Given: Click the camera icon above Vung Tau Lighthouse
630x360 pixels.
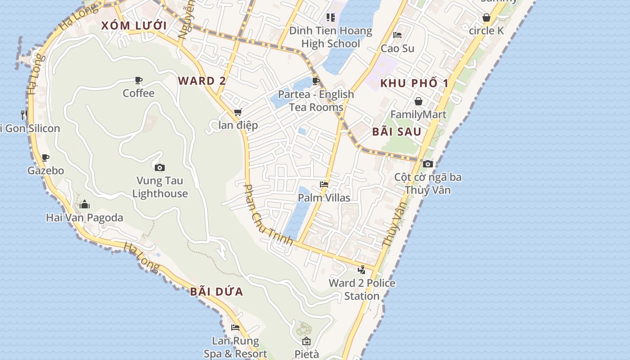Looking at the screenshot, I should click(160, 168).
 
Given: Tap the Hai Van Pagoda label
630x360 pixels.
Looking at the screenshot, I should click(85, 218).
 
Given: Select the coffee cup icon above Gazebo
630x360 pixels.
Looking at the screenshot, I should click(45, 158).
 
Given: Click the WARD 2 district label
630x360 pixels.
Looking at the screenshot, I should click(202, 81).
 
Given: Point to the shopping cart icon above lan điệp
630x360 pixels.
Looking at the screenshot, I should click(238, 112).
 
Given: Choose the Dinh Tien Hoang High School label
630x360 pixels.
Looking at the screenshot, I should click(331, 37).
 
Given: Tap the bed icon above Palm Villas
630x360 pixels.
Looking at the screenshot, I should click(324, 184).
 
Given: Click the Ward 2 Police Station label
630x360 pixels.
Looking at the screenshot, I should click(362, 289).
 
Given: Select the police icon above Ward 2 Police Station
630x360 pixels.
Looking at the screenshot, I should click(362, 270).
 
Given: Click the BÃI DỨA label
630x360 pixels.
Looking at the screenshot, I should click(216, 292).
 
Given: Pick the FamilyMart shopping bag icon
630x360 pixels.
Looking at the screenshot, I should click(418, 101).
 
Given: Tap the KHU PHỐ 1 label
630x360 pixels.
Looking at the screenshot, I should click(414, 83).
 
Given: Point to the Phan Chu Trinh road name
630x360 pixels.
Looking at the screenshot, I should click(268, 215).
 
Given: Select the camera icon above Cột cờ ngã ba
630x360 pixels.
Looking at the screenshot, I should click(428, 164).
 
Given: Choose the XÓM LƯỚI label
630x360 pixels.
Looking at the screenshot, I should click(134, 26).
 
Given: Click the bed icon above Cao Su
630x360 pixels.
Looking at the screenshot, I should click(397, 35).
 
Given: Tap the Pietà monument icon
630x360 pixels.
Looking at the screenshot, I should click(306, 341).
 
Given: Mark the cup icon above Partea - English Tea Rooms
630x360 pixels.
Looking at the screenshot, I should click(316, 81).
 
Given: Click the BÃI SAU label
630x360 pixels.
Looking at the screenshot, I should click(397, 132).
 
